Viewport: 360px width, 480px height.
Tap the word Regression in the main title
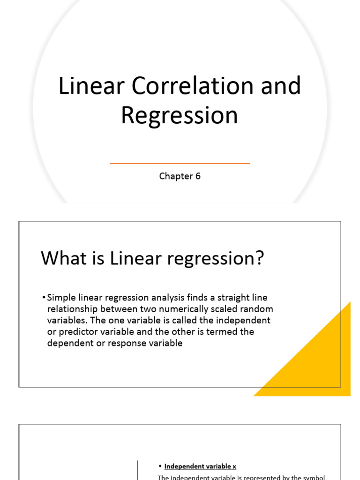click(x=180, y=116)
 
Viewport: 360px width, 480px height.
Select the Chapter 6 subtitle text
click(x=180, y=176)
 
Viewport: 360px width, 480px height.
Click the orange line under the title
click(x=180, y=164)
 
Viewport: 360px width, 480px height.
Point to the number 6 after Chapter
click(x=198, y=176)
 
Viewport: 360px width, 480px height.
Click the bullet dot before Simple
click(x=44, y=298)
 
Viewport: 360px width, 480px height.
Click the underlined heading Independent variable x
click(x=200, y=466)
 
